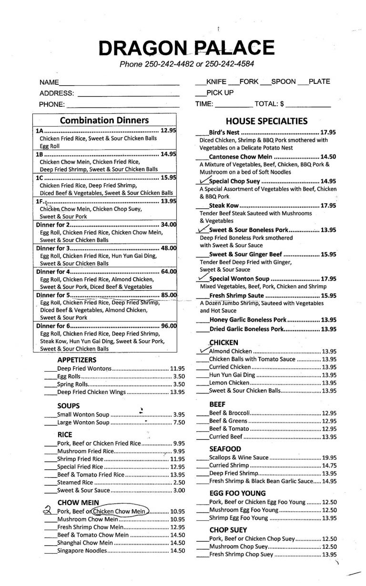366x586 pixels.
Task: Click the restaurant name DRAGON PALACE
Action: tap(186, 48)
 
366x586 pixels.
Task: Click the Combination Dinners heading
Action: tap(104, 121)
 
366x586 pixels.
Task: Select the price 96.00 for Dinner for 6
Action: tap(169, 326)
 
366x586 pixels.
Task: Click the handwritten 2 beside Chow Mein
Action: tap(47, 511)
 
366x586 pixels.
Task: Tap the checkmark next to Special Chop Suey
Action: tap(202, 181)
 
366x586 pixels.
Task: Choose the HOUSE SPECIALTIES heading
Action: tap(266, 121)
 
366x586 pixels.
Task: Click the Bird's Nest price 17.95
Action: tap(329, 132)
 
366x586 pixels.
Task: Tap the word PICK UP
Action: tap(220, 93)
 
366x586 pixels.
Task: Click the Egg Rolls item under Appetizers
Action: tap(66, 376)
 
